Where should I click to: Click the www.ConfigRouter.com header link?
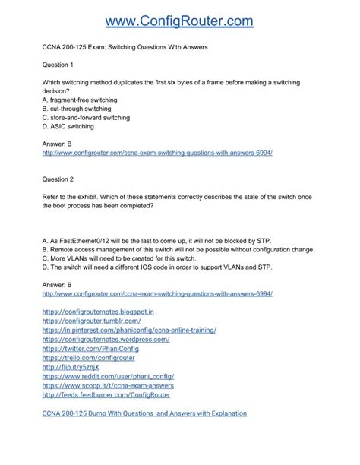tap(179, 21)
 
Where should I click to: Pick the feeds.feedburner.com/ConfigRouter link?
tap(106, 394)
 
